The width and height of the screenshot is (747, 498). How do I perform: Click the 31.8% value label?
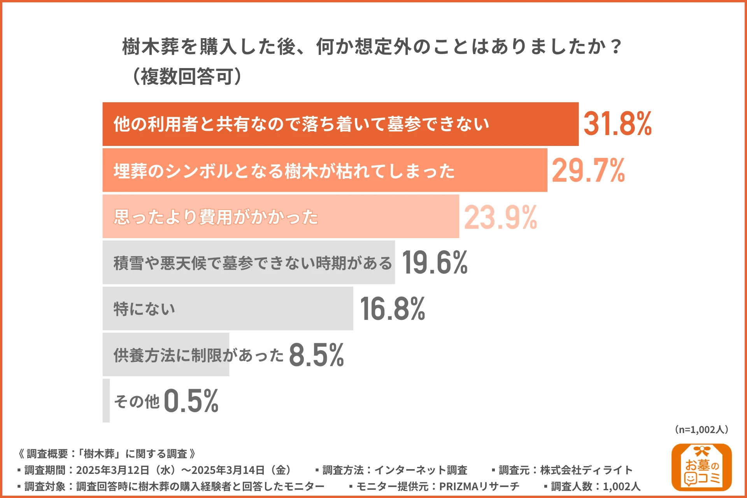pyautogui.click(x=617, y=124)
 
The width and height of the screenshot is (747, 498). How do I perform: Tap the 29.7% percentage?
pyautogui.click(x=588, y=170)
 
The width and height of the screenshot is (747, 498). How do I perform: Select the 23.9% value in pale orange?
pyautogui.click(x=500, y=217)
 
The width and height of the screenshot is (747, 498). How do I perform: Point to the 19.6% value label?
pyautogui.click(x=435, y=263)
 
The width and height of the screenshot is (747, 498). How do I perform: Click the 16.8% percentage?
pyautogui.click(x=392, y=309)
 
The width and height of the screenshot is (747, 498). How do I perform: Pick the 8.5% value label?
pyautogui.click(x=316, y=355)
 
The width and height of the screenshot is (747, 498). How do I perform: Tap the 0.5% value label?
pyautogui.click(x=191, y=401)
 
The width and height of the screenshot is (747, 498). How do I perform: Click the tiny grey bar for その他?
pyautogui.click(x=106, y=401)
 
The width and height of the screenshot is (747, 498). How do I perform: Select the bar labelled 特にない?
pyautogui.click(x=228, y=309)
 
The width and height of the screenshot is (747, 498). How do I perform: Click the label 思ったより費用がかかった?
pyautogui.click(x=216, y=217)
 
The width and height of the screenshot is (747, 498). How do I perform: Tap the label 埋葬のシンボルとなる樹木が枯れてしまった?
pyautogui.click(x=284, y=171)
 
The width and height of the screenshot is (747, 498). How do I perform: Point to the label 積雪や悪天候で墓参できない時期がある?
pyautogui.click(x=253, y=263)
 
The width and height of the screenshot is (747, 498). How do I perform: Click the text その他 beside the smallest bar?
pyautogui.click(x=137, y=402)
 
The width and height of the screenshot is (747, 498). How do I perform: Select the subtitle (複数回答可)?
pyautogui.click(x=187, y=76)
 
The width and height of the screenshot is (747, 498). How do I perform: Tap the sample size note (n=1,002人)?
pyautogui.click(x=701, y=430)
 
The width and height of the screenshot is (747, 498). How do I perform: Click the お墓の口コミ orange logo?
pyautogui.click(x=701, y=467)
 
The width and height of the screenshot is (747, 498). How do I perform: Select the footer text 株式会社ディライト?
pyautogui.click(x=586, y=470)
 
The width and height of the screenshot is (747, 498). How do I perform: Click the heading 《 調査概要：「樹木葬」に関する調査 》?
pyautogui.click(x=107, y=454)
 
